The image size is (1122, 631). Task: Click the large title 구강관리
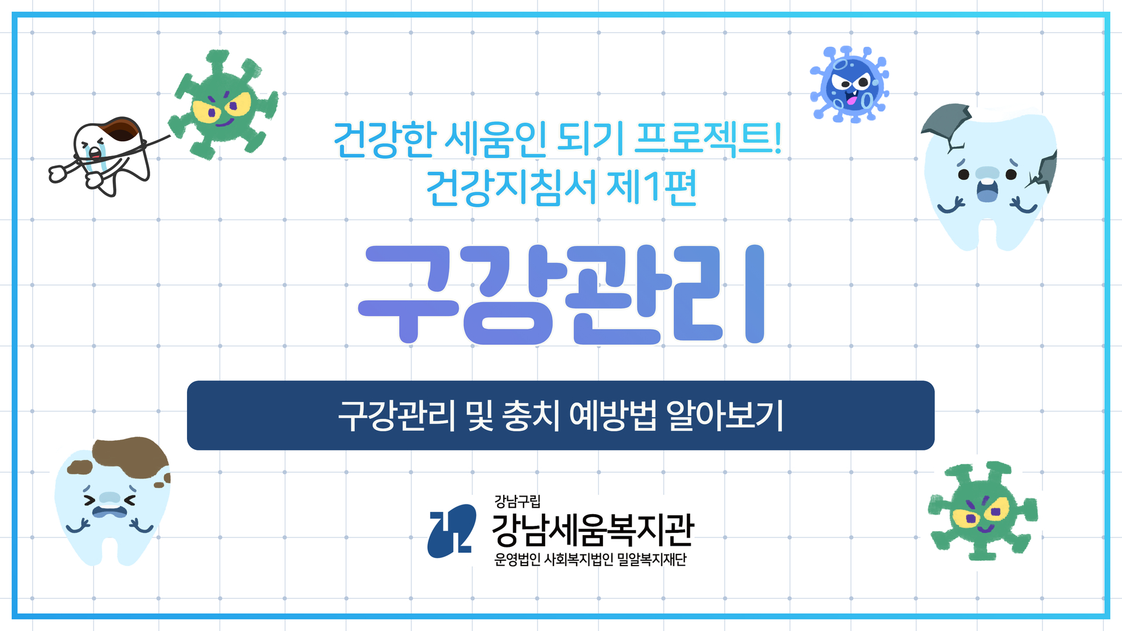click(x=561, y=294)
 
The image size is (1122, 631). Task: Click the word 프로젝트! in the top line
click(x=708, y=139)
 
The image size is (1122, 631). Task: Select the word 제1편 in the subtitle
click(x=652, y=188)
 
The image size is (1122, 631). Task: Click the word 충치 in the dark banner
click(x=531, y=415)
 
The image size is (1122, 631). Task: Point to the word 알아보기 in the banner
click(x=725, y=415)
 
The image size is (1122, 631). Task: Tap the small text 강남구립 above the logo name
click(x=517, y=501)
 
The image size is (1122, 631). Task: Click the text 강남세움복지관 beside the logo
click(x=593, y=530)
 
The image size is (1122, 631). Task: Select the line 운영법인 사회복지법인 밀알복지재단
click(x=590, y=560)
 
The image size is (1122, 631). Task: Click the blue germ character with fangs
click(x=850, y=85)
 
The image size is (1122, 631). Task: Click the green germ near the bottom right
click(x=983, y=511)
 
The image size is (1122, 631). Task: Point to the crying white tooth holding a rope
click(x=109, y=155)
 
